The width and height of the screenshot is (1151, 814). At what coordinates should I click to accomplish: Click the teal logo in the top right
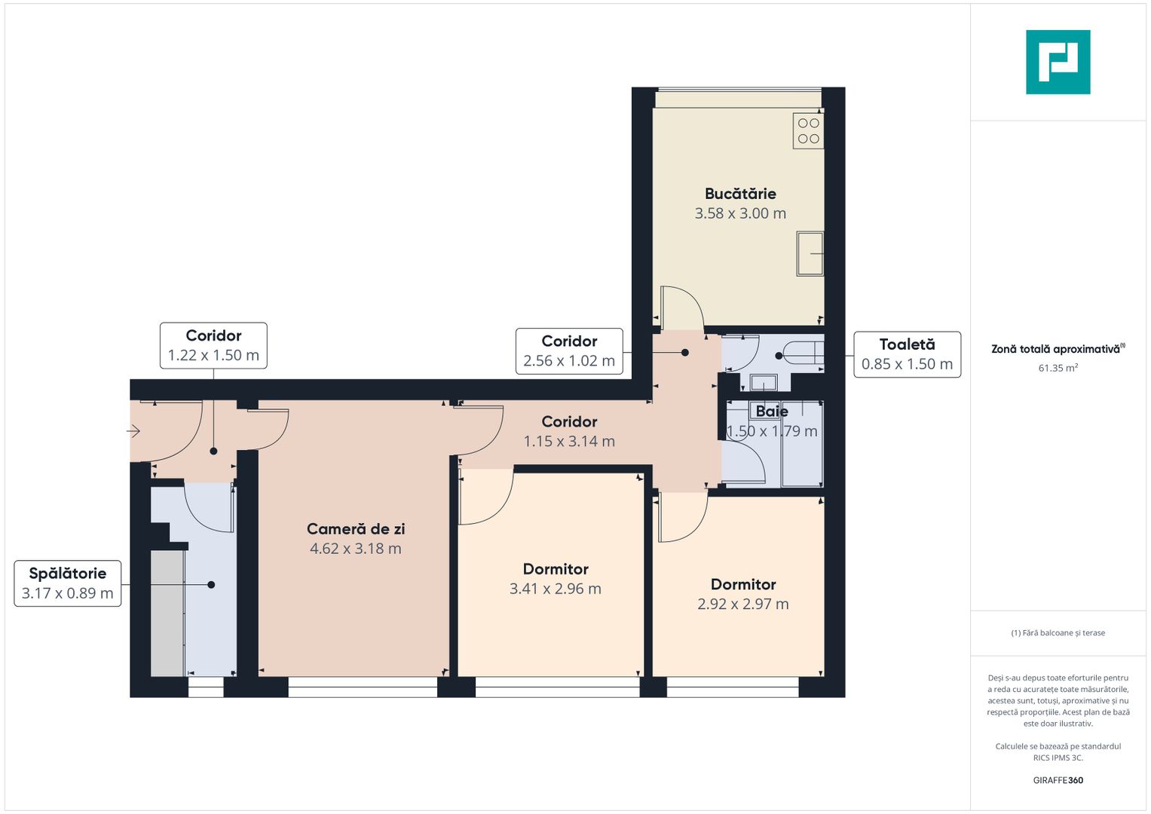tap(1058, 62)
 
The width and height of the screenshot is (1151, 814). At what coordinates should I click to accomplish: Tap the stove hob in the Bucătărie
tap(808, 130)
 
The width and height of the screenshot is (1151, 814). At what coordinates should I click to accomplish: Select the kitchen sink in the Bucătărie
tap(810, 254)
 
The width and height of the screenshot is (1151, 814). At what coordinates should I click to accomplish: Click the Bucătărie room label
tap(740, 194)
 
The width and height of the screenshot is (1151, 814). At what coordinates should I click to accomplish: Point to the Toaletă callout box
tap(907, 354)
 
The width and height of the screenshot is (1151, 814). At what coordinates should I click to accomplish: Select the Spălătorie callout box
tap(68, 583)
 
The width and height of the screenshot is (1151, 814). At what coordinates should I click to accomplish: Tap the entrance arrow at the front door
tap(133, 431)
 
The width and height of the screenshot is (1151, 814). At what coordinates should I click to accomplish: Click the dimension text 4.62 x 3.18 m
tap(355, 549)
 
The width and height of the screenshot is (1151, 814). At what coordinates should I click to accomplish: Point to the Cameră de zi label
tap(355, 529)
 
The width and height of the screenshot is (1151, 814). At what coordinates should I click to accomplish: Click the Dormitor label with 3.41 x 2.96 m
tap(556, 569)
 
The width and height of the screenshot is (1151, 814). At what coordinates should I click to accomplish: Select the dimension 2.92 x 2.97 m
tap(742, 604)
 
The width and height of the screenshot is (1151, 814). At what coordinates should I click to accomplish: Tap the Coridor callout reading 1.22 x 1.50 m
tap(213, 345)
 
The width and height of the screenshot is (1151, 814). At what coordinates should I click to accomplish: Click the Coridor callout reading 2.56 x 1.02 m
tap(569, 351)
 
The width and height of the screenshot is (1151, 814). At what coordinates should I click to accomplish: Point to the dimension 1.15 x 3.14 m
tap(569, 442)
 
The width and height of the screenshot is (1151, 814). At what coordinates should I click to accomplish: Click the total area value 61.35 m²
tap(1058, 369)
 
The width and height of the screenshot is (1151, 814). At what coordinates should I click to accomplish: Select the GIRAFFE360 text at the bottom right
tap(1058, 780)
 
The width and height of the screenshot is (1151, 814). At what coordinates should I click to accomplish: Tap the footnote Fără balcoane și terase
tap(1058, 633)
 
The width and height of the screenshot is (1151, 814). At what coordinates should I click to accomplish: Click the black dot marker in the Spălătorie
tap(211, 585)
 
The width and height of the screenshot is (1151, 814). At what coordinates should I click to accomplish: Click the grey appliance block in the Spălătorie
tap(167, 613)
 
